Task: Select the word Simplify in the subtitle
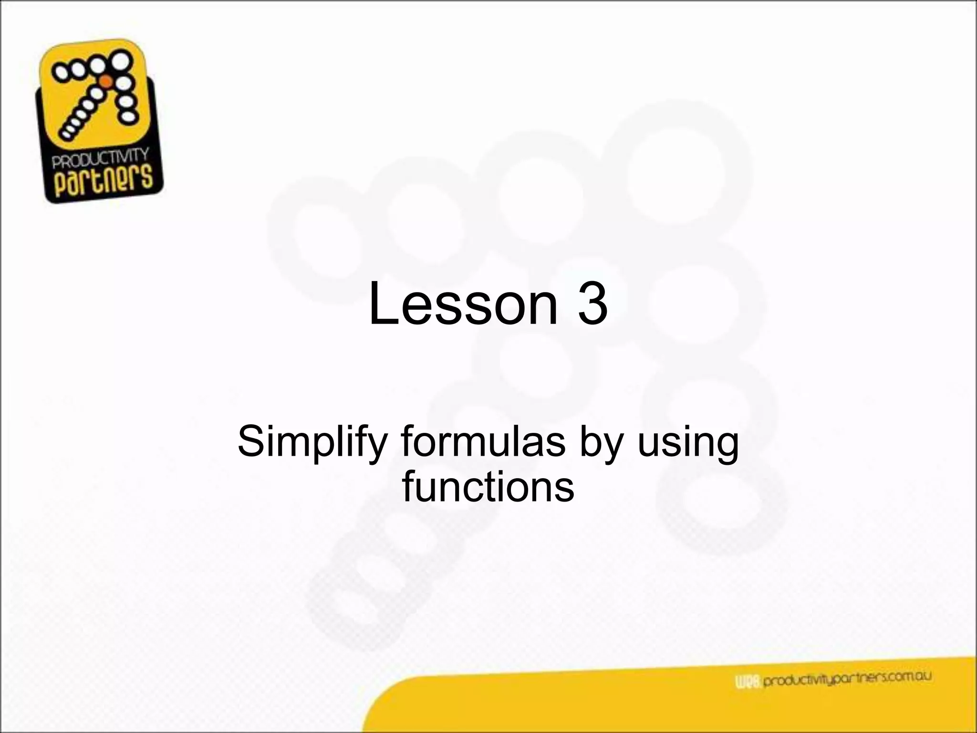click(312, 443)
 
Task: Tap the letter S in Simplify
click(249, 442)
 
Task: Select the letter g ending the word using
click(726, 446)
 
